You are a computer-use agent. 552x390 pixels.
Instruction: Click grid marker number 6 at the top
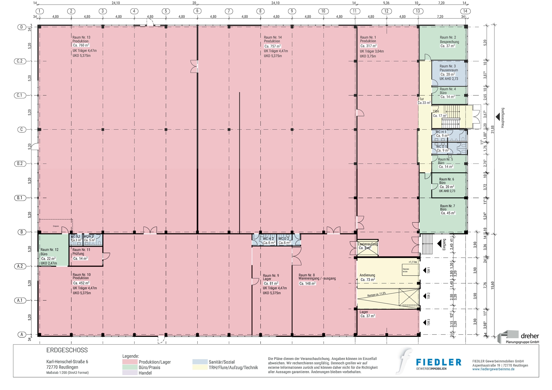(x=197, y=11)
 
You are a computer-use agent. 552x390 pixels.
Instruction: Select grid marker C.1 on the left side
(x=20, y=95)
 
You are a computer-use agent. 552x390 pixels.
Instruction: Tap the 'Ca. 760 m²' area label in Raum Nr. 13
(x=81, y=45)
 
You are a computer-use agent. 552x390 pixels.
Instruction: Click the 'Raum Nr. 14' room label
(x=273, y=37)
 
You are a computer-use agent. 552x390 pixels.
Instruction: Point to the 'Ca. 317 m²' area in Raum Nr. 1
(x=368, y=46)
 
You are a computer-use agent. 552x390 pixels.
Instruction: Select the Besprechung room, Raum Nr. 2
(x=448, y=41)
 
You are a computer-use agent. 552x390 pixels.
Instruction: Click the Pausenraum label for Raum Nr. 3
(x=449, y=70)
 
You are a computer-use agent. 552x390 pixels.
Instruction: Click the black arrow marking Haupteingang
(x=498, y=117)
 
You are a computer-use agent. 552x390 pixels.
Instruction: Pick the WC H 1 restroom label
(x=441, y=132)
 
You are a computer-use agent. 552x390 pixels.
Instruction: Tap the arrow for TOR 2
(x=425, y=296)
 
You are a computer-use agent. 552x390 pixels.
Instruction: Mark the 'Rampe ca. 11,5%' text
(x=376, y=295)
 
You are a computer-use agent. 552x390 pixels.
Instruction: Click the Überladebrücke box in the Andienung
(x=411, y=270)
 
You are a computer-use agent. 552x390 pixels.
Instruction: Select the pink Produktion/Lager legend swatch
(x=130, y=362)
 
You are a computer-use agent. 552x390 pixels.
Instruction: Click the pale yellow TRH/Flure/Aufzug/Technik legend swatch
(x=200, y=367)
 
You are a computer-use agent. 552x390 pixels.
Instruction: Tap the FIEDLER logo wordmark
(x=439, y=362)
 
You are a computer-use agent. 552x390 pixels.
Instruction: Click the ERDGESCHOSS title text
(x=67, y=350)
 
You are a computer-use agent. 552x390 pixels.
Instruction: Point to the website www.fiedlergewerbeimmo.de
(x=493, y=369)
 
